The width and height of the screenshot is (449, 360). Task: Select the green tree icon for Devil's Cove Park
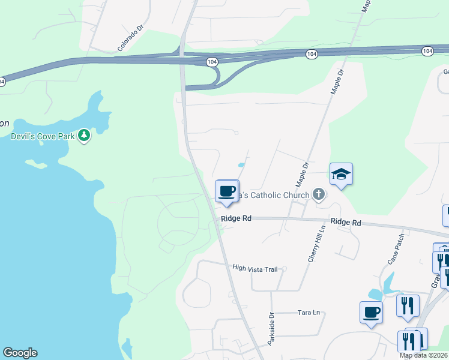[x=85, y=136]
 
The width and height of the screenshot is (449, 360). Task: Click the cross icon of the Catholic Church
[x=318, y=194]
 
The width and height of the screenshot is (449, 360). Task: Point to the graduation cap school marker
[x=341, y=174]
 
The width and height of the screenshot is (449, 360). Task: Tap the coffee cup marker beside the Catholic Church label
[x=227, y=191]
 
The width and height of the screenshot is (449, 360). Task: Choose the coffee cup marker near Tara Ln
[x=371, y=313]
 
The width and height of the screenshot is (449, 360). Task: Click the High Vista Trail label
[x=255, y=269]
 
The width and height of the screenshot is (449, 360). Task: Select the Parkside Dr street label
[x=271, y=323]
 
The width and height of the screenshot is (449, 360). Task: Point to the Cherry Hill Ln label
[x=316, y=244]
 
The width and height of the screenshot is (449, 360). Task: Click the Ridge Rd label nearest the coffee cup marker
[x=236, y=219]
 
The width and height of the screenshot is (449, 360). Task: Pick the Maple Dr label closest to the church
[x=302, y=174]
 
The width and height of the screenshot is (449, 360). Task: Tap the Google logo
[x=20, y=353]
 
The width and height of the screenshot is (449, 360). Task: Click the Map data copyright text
[x=424, y=356]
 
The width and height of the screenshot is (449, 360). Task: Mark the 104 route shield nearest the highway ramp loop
[x=211, y=61]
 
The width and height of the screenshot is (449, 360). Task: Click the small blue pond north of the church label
[x=241, y=164]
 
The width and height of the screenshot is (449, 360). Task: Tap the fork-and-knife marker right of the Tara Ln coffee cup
[x=408, y=305]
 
